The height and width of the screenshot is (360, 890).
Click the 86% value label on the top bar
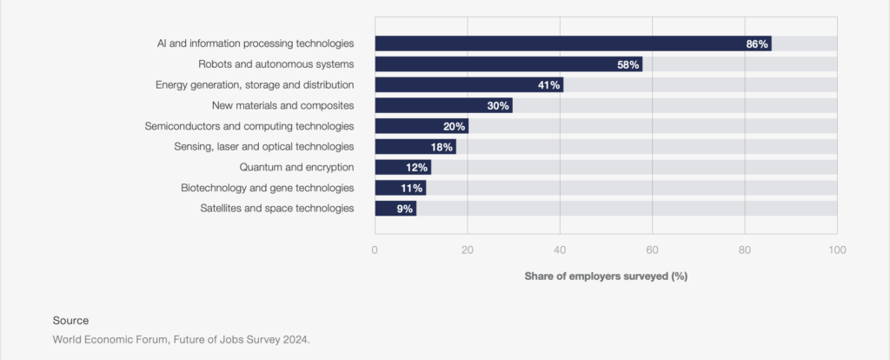tap(757, 43)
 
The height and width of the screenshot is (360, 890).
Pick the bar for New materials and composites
tap(443, 105)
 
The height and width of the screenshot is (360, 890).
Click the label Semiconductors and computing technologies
tap(249, 126)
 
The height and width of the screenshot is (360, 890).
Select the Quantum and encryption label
tap(296, 167)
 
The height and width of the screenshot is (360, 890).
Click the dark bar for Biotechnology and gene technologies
tap(400, 188)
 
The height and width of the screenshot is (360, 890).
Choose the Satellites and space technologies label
tap(276, 209)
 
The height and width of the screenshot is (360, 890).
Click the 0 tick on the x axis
tap(375, 250)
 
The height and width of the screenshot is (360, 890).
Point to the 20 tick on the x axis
tap(468, 250)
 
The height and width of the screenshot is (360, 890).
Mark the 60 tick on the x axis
tap(652, 250)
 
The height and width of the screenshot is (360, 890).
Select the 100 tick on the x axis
tap(836, 250)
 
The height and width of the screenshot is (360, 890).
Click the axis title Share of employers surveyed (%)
tap(606, 276)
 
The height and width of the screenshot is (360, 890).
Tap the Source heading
tap(70, 320)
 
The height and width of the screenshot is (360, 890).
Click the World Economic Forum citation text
tap(181, 339)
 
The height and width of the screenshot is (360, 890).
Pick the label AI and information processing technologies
tap(256, 43)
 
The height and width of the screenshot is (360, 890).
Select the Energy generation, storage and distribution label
tap(255, 85)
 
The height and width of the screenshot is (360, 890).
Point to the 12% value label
tap(418, 168)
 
